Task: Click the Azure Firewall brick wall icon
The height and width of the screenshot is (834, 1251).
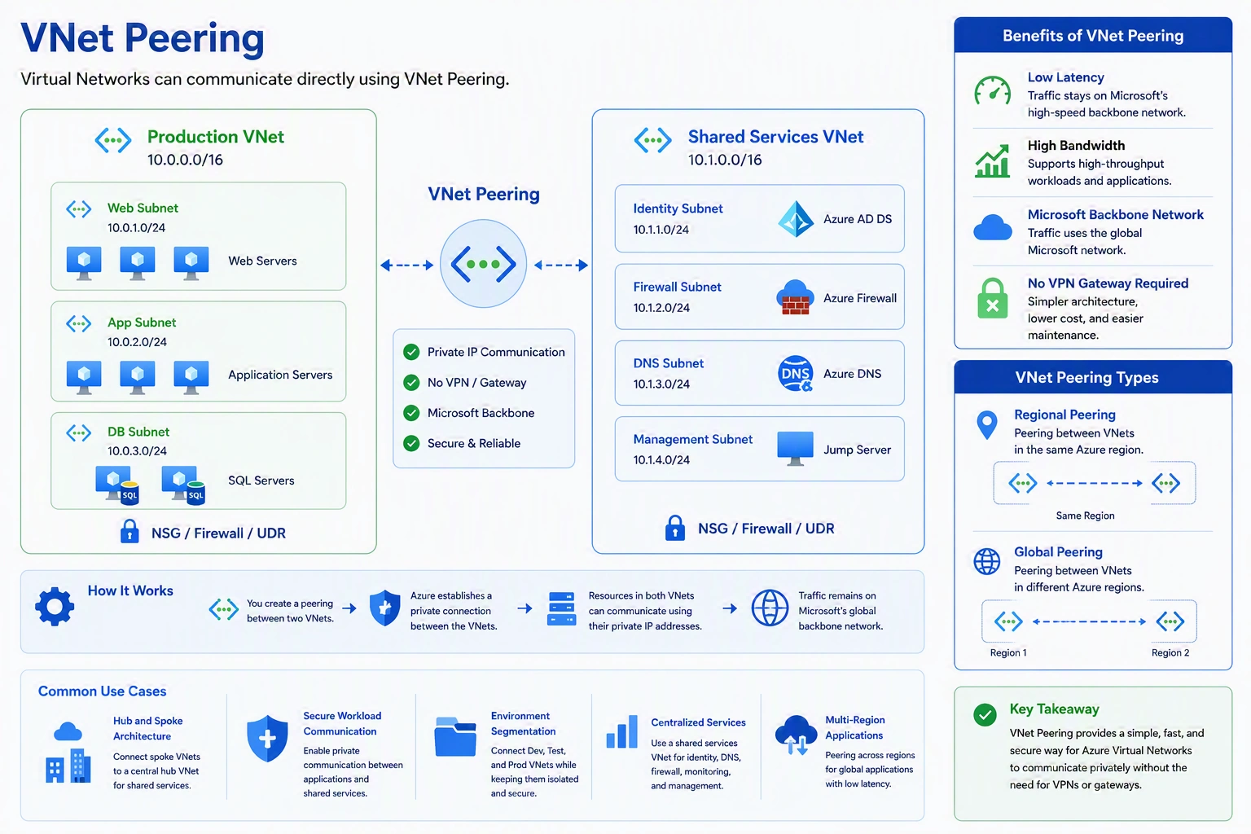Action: point(795,298)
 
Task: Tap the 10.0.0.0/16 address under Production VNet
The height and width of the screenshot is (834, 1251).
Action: point(185,160)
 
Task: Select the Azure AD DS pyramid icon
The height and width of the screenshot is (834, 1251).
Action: point(795,219)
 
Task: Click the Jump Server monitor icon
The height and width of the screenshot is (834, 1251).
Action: point(795,449)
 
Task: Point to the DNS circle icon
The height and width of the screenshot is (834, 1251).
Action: point(795,373)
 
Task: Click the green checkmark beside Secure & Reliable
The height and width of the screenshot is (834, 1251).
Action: point(411,444)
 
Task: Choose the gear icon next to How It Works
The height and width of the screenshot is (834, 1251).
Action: point(55,606)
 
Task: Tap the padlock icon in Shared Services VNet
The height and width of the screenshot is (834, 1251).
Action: point(674,528)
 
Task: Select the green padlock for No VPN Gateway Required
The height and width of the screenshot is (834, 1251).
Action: point(993,298)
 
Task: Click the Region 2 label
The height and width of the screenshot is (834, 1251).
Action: point(1170,653)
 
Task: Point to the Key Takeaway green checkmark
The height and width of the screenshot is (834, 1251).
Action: point(985,714)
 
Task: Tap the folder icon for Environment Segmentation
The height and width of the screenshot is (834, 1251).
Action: point(455,737)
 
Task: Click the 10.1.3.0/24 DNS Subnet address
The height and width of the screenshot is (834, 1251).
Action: point(661,384)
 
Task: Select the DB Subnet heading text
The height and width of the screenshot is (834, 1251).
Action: point(138,432)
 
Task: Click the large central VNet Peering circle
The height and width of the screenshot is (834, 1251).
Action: point(483,264)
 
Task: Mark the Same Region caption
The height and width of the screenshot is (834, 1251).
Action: point(1085,516)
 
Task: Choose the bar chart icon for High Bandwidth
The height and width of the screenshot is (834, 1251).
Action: point(993,161)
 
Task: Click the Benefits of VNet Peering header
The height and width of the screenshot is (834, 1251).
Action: point(1093,36)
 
